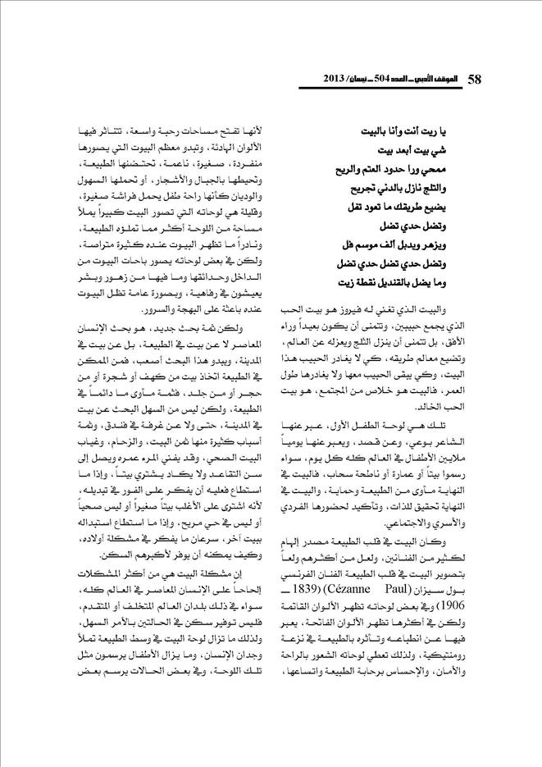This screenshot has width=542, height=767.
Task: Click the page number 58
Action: (x=474, y=79)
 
